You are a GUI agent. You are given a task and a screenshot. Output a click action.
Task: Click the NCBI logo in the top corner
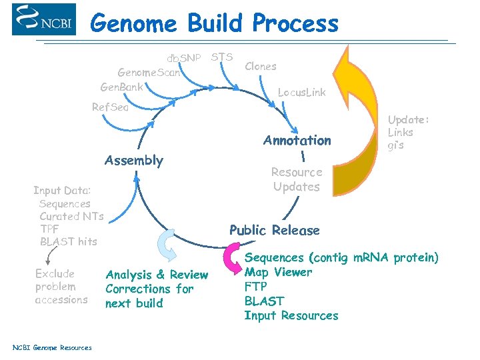(x=44, y=19)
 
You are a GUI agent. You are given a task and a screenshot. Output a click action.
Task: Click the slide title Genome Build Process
(x=214, y=23)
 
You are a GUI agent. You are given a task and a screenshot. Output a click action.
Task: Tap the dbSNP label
(x=183, y=58)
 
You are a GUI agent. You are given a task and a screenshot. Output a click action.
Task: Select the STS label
(x=221, y=57)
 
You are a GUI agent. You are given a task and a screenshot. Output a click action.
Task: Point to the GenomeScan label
(x=149, y=73)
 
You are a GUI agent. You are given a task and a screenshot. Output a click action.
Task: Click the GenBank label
(x=122, y=87)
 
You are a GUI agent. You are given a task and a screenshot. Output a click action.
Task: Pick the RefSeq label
(x=110, y=107)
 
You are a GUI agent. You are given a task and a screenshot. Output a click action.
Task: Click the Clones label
(x=261, y=66)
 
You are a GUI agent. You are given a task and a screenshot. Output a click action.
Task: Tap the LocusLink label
(x=301, y=93)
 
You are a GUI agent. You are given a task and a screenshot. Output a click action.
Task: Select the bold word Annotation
(x=297, y=141)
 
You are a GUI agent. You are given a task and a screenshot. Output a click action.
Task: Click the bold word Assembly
(x=133, y=161)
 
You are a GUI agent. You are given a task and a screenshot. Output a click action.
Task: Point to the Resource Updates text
(x=296, y=179)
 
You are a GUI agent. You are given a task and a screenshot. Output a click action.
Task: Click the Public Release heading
(x=274, y=231)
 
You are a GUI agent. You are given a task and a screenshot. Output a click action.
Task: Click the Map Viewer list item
(x=278, y=272)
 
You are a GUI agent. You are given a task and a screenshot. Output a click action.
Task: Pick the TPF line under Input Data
(x=49, y=229)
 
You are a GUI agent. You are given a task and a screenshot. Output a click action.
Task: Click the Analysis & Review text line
(x=157, y=275)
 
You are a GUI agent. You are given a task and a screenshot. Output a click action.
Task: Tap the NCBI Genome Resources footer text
(x=52, y=347)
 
